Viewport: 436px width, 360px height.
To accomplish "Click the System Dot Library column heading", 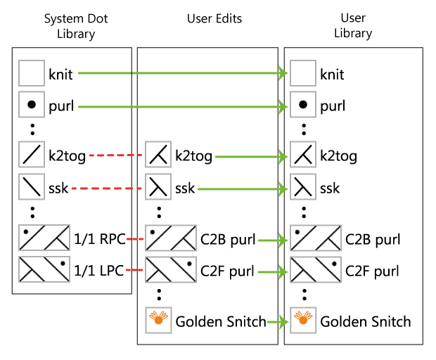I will pyautogui.click(x=73, y=25).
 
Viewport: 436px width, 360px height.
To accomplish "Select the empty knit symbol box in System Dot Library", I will pyautogui.click(x=31, y=73).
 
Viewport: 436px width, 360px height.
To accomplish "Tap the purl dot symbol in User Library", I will pyautogui.click(x=303, y=106).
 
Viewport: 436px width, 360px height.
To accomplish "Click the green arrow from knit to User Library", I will pyautogui.click(x=183, y=73).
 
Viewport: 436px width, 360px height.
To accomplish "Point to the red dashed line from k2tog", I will pyautogui.click(x=115, y=156).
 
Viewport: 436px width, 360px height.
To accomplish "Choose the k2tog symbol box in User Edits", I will pyautogui.click(x=158, y=155).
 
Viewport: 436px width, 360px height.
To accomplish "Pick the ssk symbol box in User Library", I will pyautogui.click(x=303, y=188).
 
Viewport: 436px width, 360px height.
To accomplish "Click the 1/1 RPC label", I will pyautogui.click(x=99, y=239).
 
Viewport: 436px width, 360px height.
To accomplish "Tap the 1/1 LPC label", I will pyautogui.click(x=99, y=270).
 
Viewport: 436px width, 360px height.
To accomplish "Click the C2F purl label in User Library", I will pyautogui.click(x=373, y=270).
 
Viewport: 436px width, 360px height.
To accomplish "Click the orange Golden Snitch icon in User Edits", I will pyautogui.click(x=158, y=321).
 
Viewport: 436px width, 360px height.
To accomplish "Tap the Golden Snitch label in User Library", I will pyautogui.click(x=366, y=321).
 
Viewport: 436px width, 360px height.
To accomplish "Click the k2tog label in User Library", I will pyautogui.click(x=338, y=156).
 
